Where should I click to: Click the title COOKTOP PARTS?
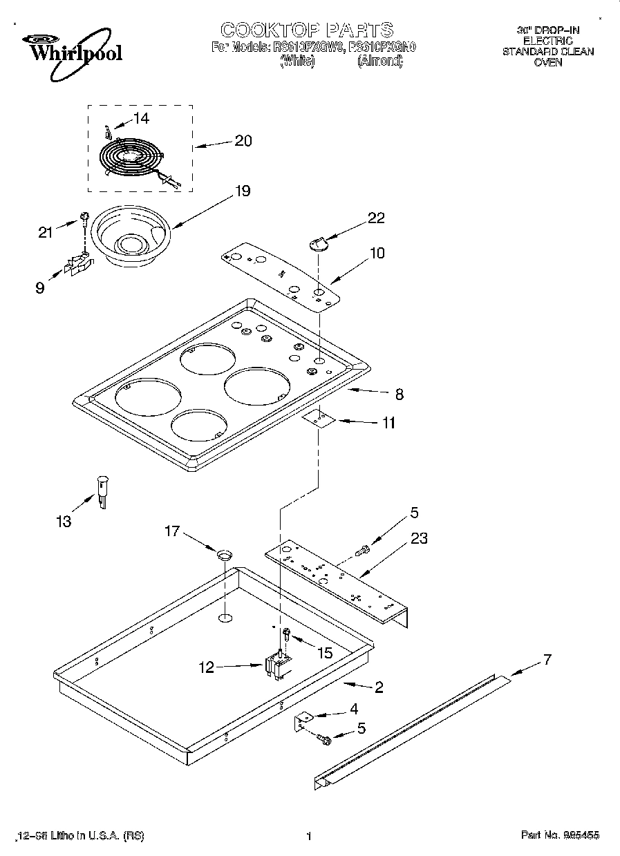(306, 30)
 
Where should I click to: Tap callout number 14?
(140, 118)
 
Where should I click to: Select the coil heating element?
(131, 161)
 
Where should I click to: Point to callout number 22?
(376, 218)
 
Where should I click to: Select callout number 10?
(377, 253)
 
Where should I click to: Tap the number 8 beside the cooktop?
(399, 394)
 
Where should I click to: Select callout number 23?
(420, 539)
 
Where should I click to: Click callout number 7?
(547, 659)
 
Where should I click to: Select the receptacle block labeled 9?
(78, 265)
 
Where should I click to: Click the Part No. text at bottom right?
(560, 835)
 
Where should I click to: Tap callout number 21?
(46, 232)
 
